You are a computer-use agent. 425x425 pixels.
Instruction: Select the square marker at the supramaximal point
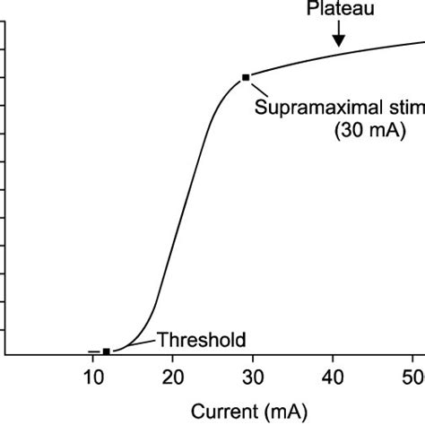point(246,78)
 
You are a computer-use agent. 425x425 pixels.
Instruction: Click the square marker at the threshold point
point(107,351)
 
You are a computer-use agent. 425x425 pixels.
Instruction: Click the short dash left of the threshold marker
point(94,351)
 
